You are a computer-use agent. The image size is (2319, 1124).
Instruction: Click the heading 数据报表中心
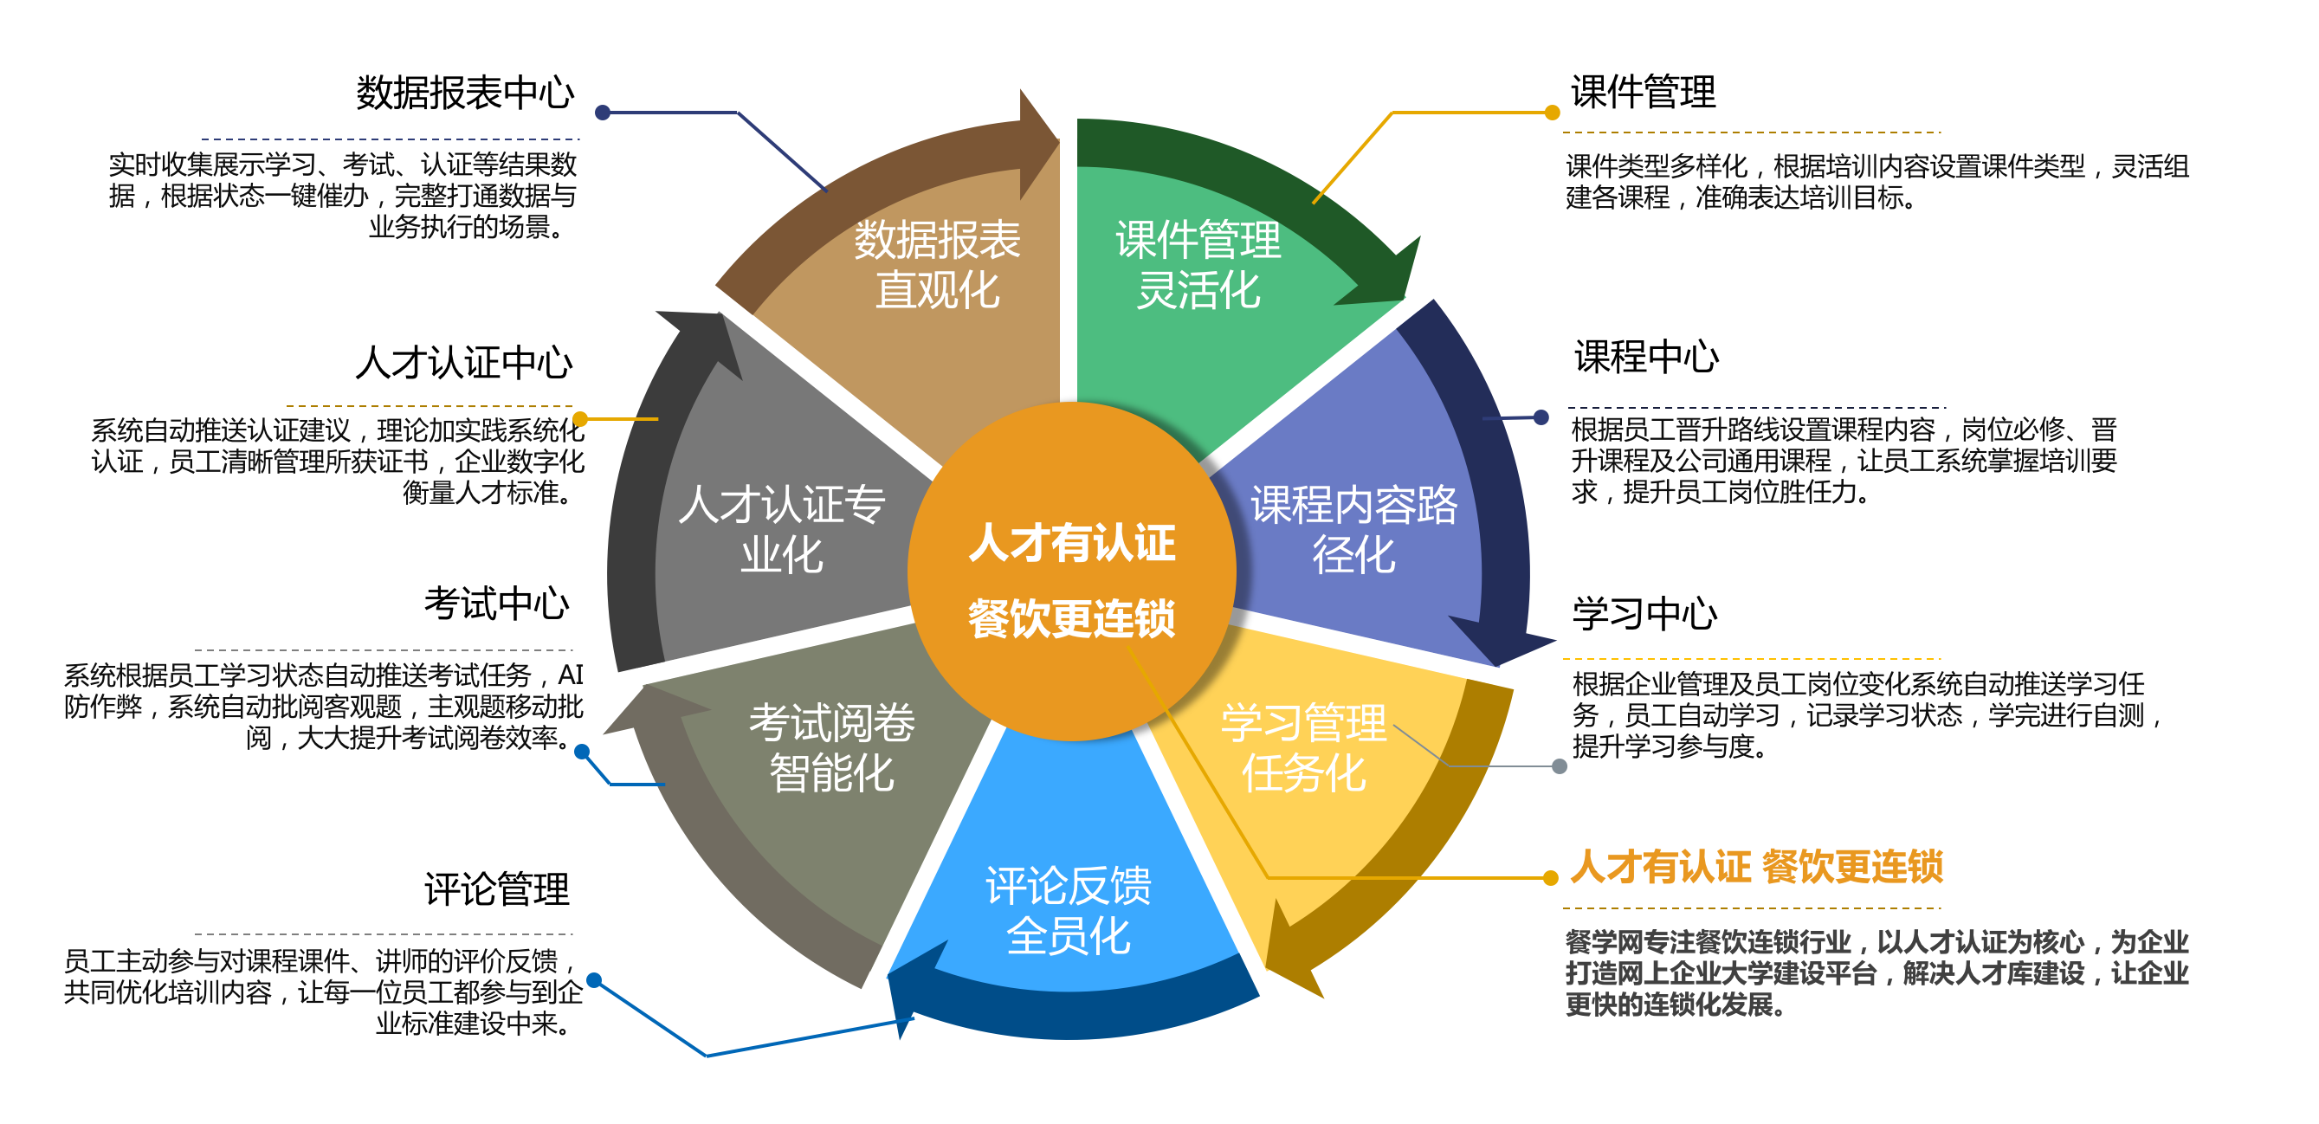coord(464,93)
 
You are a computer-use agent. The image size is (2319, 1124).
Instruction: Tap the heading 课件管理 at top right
coord(1643,92)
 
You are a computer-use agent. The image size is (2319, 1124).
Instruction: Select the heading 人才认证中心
coord(463,363)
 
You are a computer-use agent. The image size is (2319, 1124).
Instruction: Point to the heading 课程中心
coord(1645,358)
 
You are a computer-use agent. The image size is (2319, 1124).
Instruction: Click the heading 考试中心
coord(496,603)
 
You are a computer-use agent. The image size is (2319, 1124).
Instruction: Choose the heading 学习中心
coord(1644,614)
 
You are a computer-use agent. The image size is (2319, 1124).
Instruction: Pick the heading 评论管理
coord(496,889)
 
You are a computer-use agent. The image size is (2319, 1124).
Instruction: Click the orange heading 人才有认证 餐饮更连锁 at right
coord(1755,867)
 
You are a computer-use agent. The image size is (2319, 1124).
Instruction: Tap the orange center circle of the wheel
coord(1071,576)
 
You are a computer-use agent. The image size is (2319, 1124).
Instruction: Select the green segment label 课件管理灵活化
coord(1198,265)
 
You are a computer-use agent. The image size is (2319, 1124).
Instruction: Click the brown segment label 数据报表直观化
coord(936,265)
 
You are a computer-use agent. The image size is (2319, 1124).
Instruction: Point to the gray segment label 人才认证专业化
coord(781,529)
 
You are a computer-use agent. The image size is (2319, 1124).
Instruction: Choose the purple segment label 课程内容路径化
coord(1353,529)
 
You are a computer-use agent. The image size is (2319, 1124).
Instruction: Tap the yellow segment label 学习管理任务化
coord(1302,747)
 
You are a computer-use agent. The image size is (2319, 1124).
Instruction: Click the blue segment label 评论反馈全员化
coord(1068,911)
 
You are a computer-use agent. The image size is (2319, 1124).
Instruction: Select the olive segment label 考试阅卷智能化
coord(831,747)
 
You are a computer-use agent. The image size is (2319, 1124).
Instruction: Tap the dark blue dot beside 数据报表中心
coord(604,113)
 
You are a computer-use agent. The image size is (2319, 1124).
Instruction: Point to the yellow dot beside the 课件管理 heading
coord(1552,113)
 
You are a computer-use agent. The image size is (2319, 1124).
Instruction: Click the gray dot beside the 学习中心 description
coord(1560,765)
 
